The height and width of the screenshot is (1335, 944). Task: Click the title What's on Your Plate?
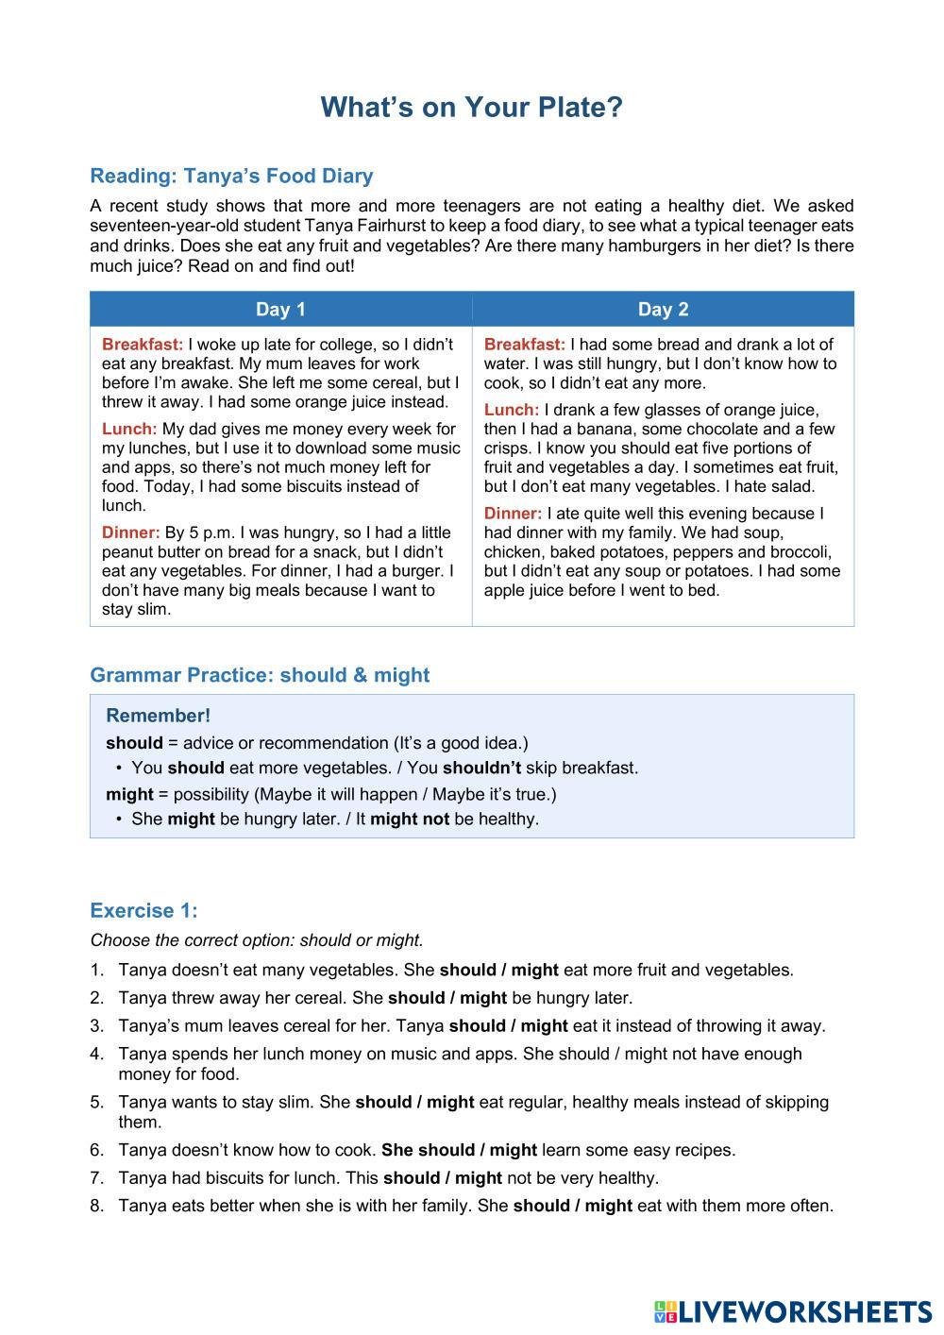pos(471,107)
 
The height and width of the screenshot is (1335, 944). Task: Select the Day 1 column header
pos(280,309)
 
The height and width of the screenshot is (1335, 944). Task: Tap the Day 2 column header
pos(663,309)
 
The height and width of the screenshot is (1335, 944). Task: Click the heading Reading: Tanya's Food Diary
pos(231,176)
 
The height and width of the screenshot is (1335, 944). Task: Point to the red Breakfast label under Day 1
pos(143,345)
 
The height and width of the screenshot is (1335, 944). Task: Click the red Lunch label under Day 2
pos(511,410)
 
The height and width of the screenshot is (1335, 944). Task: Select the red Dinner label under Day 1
pos(130,532)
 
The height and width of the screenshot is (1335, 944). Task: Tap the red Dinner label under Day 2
pos(513,514)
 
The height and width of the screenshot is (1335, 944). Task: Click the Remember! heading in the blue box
pos(158,716)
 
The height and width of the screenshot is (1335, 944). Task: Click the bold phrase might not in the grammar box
pos(409,819)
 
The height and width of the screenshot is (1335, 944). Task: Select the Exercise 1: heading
pos(143,910)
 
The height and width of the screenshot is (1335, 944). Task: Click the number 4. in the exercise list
pos(97,1054)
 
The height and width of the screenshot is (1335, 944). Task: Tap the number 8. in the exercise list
pos(97,1206)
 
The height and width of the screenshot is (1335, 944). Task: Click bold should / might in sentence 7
pos(442,1178)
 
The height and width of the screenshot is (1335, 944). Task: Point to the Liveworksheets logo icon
pos(665,1311)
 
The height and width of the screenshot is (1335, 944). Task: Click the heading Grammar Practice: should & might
pos(260,675)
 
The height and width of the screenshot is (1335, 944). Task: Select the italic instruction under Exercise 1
pos(257,940)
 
